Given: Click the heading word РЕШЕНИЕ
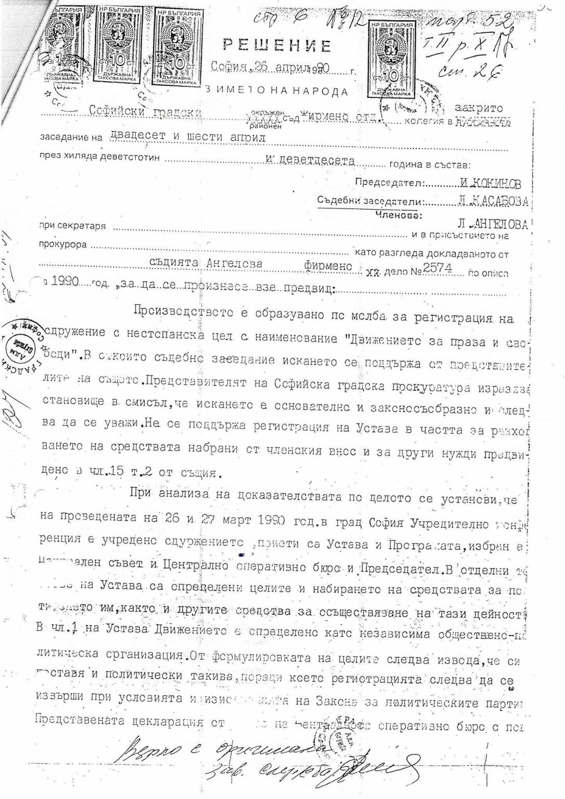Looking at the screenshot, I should [277, 46].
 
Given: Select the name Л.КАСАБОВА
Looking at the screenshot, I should [494, 201].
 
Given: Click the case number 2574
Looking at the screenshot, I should [439, 267].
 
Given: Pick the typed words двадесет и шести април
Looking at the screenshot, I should [188, 137].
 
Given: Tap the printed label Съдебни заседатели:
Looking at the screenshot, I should [370, 201].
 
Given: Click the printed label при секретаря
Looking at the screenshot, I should [72, 226].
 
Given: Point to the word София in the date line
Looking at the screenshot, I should [229, 66].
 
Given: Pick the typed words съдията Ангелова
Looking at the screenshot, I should [220, 264].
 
